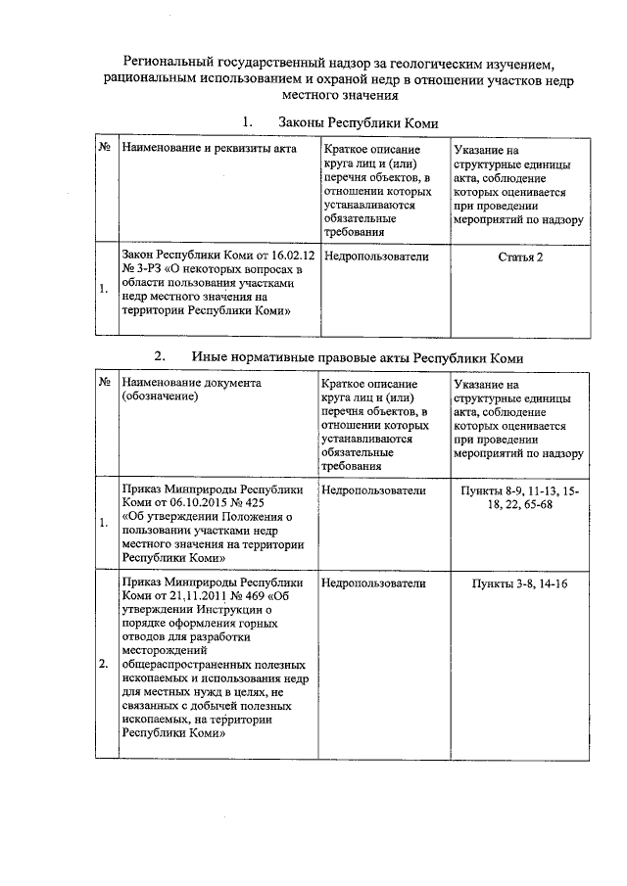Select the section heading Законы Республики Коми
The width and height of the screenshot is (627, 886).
[x=358, y=123]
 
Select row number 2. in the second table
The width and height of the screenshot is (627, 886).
[x=104, y=665]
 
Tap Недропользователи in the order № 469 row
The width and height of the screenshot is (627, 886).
[x=374, y=583]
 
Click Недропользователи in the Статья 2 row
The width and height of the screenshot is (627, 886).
[x=374, y=256]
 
